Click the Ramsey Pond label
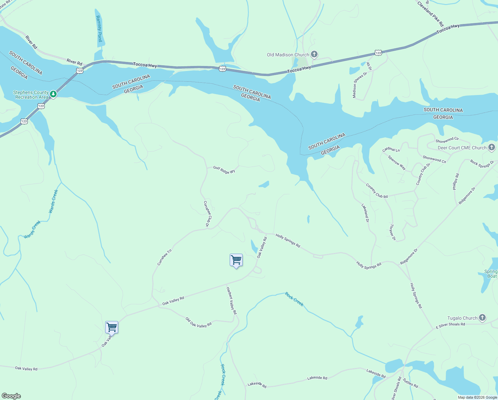(x=99, y=29)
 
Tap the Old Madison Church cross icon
(x=314, y=54)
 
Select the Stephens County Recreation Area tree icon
(x=53, y=95)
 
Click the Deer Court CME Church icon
(x=492, y=148)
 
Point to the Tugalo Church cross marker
(x=482, y=318)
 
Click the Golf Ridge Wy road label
(x=224, y=170)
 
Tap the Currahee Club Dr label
(x=207, y=214)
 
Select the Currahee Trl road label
(x=164, y=257)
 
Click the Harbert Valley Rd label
(x=231, y=301)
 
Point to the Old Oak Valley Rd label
(x=198, y=322)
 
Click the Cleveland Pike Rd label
(x=430, y=14)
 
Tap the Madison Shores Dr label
(x=360, y=85)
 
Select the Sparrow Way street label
(x=397, y=162)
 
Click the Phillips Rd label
(x=456, y=182)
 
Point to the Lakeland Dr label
(x=365, y=213)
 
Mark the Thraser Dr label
(x=392, y=232)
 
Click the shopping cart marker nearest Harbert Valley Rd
(x=236, y=260)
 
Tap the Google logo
(x=11, y=396)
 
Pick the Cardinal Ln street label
(x=391, y=149)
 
